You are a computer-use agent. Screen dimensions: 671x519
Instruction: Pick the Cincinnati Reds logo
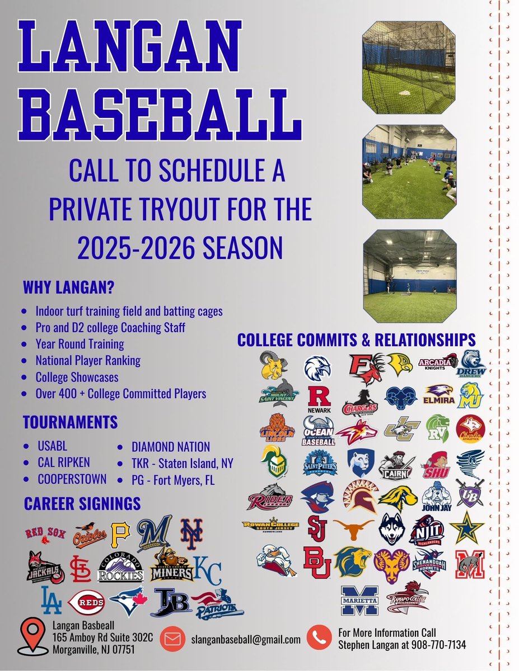[86, 604]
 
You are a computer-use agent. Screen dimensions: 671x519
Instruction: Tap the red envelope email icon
[173, 639]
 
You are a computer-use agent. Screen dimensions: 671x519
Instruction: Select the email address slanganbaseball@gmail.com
[245, 639]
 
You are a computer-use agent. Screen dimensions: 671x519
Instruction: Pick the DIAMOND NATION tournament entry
[171, 447]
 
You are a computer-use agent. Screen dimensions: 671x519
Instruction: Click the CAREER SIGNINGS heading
[82, 503]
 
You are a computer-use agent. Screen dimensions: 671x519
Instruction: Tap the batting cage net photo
[408, 67]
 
